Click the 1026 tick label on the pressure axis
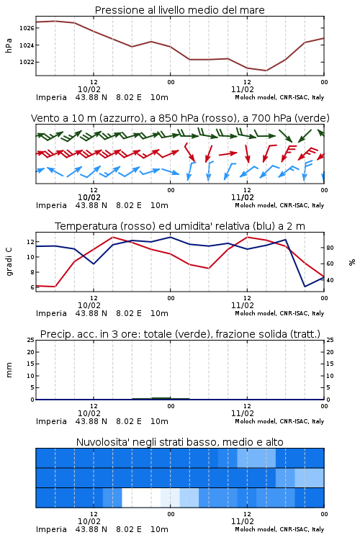(x=27, y=28)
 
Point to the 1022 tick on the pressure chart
(x=27, y=62)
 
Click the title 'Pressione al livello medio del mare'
(x=180, y=10)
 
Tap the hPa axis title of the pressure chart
(x=9, y=45)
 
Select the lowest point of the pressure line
(x=266, y=71)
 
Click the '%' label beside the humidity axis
(x=352, y=262)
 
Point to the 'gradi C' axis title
(x=9, y=261)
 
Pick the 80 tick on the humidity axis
(x=330, y=248)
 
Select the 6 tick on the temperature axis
(x=32, y=287)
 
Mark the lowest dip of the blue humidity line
(x=305, y=287)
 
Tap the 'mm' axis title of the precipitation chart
(x=9, y=370)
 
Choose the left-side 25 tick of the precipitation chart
(x=31, y=340)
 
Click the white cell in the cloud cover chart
(x=141, y=498)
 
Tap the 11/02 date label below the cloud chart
(x=243, y=521)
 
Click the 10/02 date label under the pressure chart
(x=89, y=89)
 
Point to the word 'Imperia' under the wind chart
(x=51, y=206)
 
